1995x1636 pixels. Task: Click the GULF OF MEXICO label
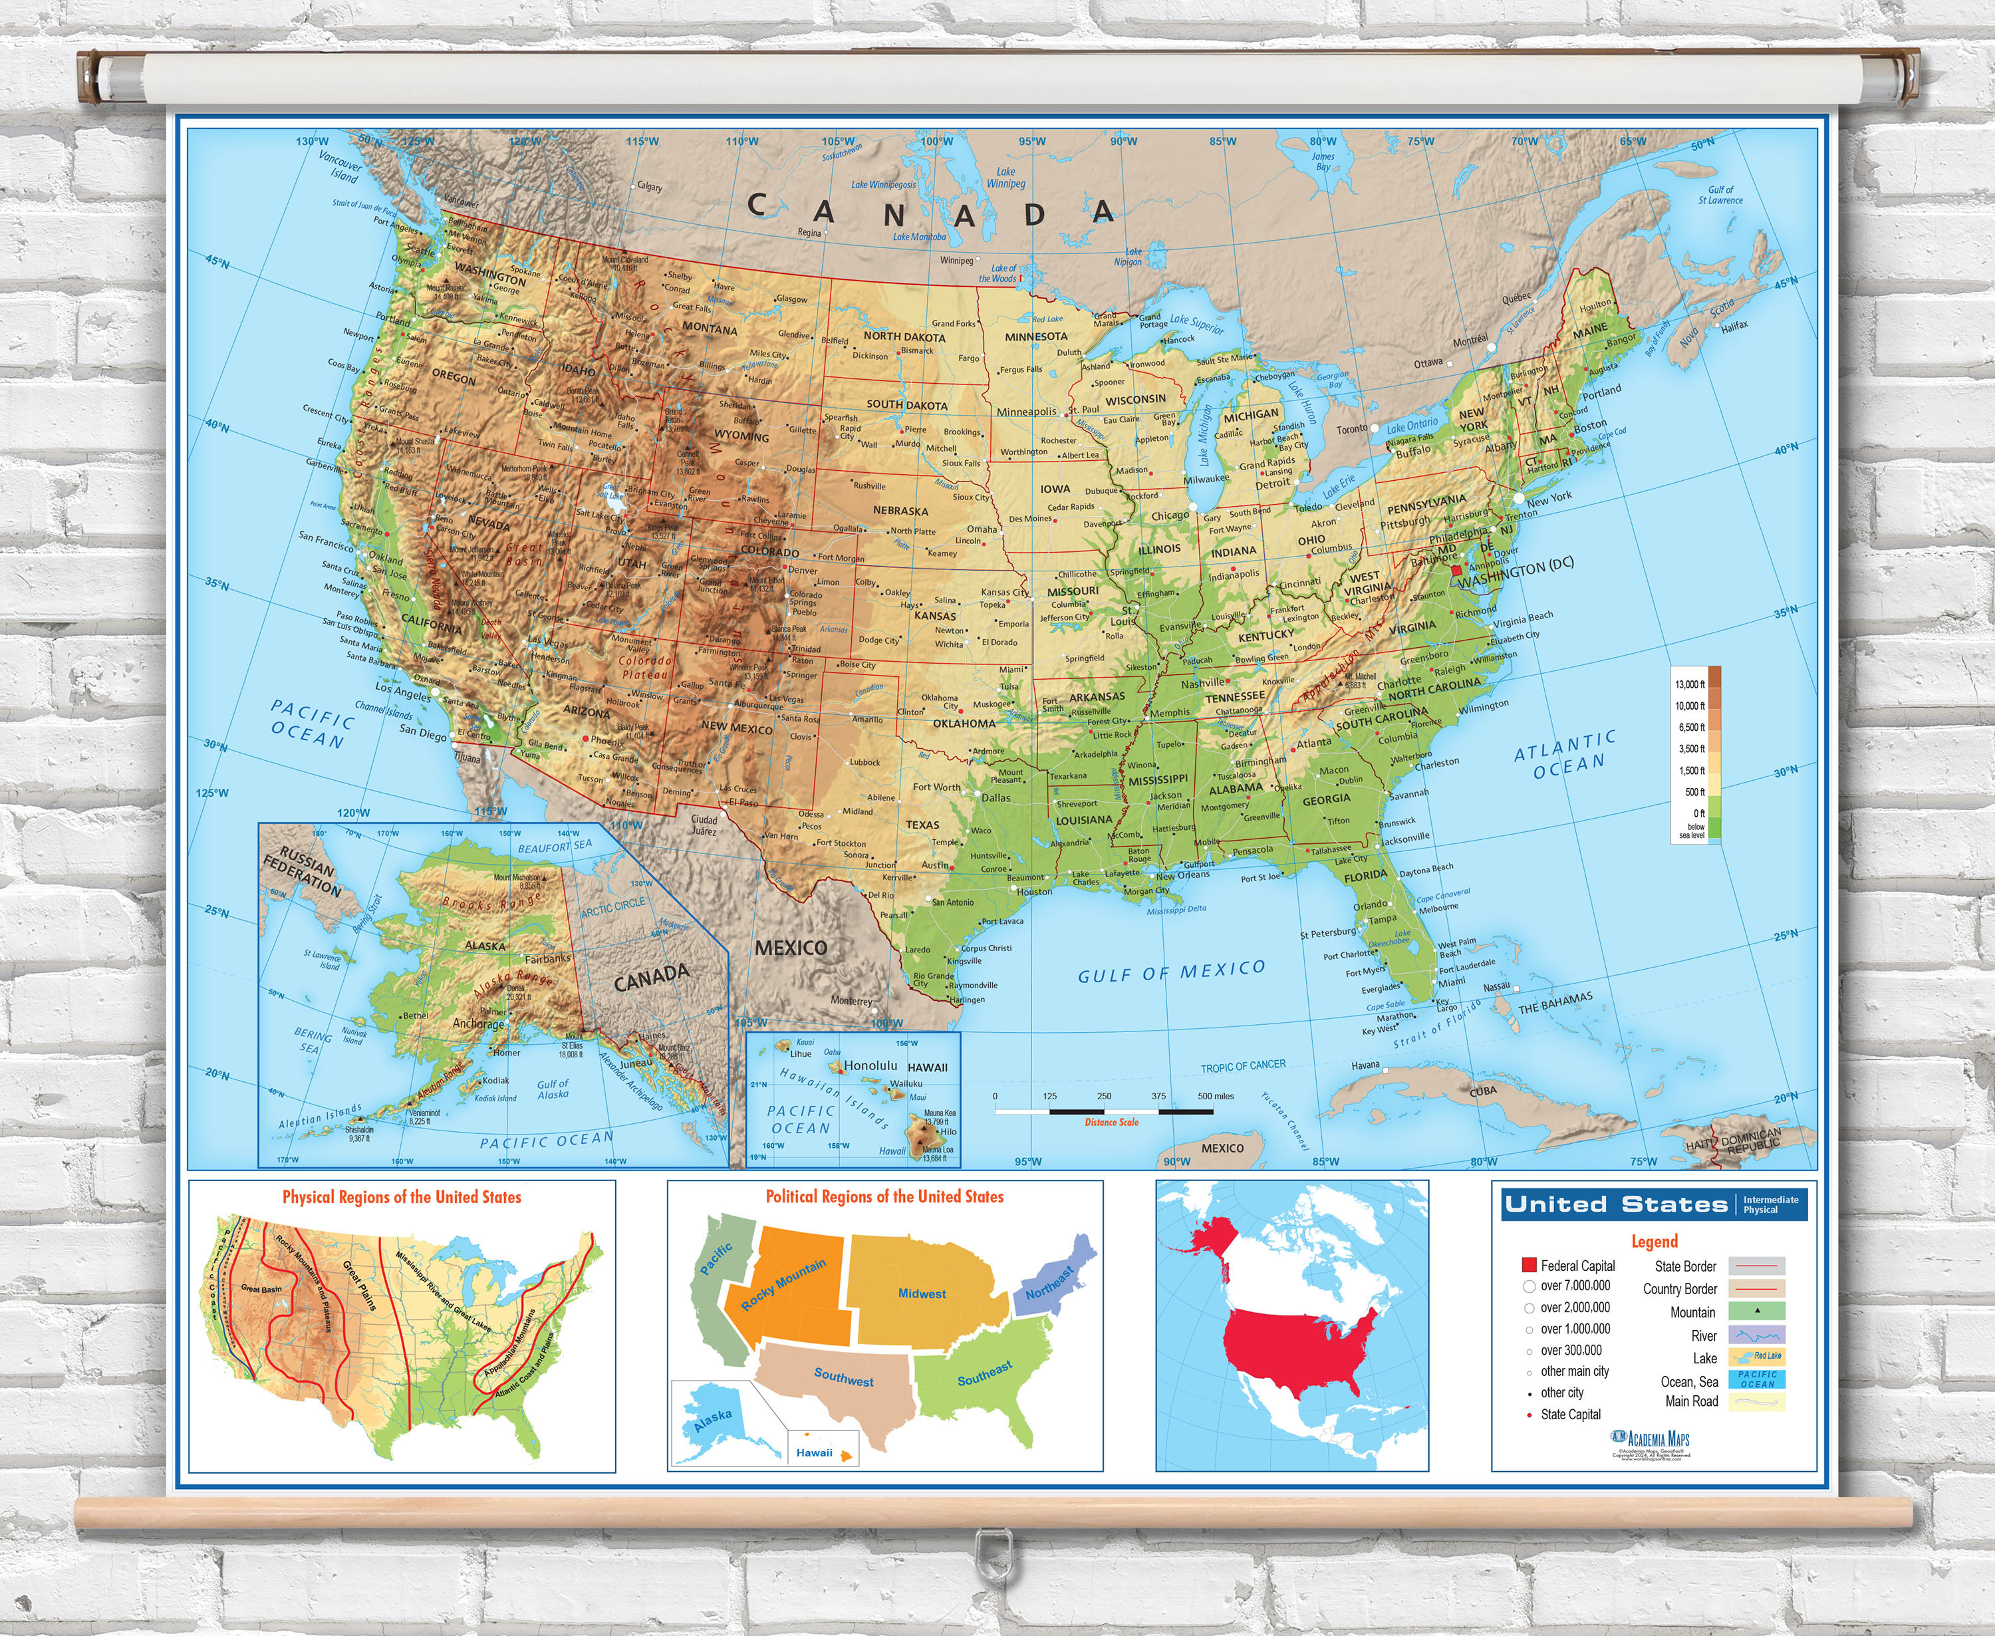coord(1170,972)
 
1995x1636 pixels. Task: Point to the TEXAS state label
coord(922,825)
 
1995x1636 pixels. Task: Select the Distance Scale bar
coord(1103,1111)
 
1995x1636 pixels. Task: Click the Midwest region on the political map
coord(921,1294)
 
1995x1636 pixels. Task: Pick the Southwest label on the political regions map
coord(843,1378)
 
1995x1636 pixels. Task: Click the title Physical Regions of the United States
coord(402,1197)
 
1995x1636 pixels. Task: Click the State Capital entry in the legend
coord(1570,1415)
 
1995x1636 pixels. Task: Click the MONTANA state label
coord(710,329)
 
